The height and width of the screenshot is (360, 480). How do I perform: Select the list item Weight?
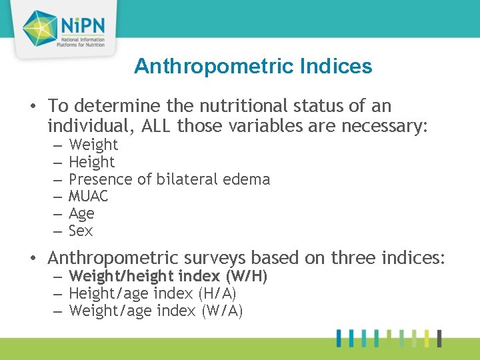[93, 145]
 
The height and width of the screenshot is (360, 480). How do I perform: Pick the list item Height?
[92, 162]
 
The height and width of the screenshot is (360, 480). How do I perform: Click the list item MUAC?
[89, 197]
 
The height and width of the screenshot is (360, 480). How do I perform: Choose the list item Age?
[82, 214]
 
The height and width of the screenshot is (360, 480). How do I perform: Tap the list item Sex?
[81, 231]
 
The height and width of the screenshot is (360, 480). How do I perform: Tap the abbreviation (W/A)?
[222, 311]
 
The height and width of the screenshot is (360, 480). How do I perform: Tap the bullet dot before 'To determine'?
[33, 107]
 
